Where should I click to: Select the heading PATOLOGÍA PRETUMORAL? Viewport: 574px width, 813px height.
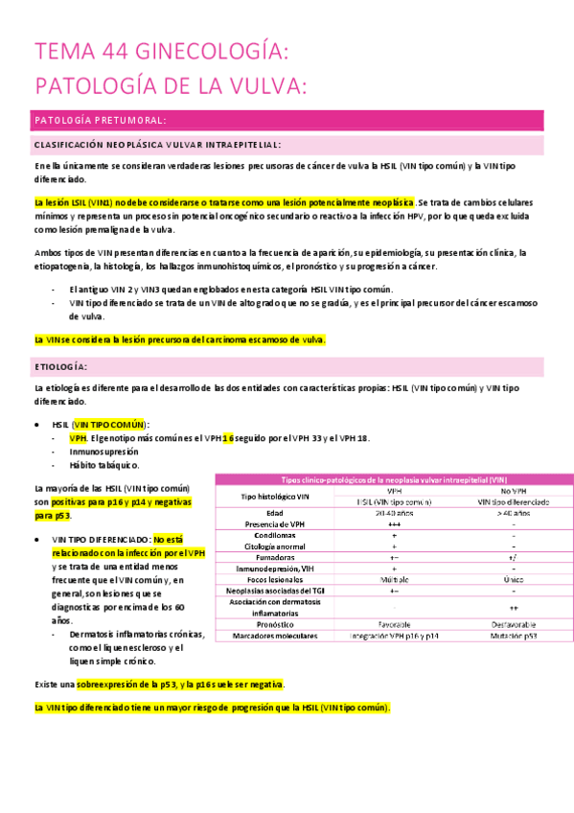pos(100,120)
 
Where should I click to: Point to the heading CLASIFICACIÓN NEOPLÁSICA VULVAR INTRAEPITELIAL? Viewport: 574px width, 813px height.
pos(156,145)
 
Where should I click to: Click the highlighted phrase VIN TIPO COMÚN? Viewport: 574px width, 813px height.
pos(109,424)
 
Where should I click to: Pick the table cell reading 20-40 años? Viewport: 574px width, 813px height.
pos(394,513)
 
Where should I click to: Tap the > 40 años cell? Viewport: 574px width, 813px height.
pos(513,513)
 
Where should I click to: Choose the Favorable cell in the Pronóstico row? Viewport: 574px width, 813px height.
pos(394,624)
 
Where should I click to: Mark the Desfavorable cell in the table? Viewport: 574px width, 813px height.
pos(513,624)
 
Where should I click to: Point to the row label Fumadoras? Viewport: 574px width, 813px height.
pos(276,556)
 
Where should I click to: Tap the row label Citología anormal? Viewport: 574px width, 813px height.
pos(276,546)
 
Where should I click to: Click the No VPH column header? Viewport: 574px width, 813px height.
pos(513,490)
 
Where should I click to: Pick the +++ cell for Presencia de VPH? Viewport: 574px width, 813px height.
pos(394,523)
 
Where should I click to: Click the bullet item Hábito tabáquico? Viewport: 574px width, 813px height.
pos(103,465)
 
